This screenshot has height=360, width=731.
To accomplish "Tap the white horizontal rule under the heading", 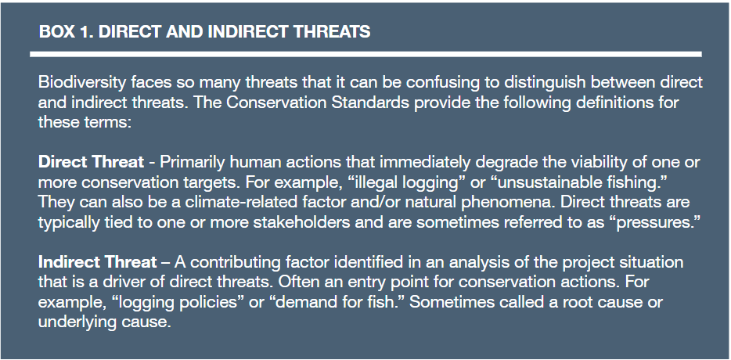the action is [366, 54].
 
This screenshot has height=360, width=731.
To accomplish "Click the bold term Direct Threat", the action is [91, 162].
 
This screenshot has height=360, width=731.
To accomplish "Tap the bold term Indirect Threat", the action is [97, 262].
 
